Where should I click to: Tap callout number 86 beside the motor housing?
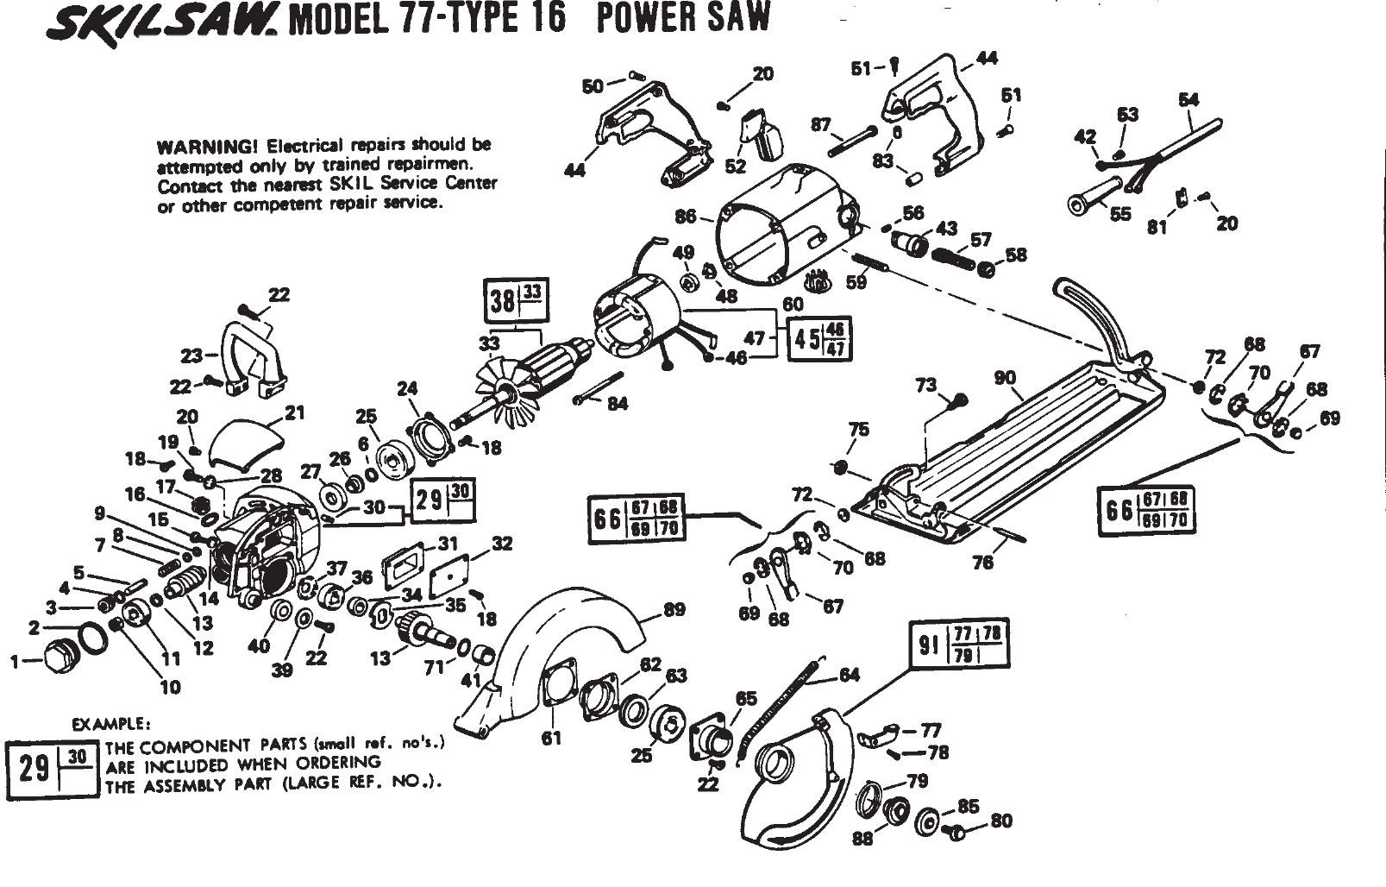click(x=686, y=217)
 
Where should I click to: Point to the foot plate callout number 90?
click(x=1006, y=378)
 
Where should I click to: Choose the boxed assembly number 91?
click(x=928, y=645)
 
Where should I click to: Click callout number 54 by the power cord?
click(x=1188, y=99)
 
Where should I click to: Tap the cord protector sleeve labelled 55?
click(x=1094, y=196)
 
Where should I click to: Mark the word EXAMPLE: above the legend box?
click(x=110, y=724)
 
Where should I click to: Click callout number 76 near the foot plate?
click(x=982, y=562)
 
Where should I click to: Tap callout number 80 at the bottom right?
click(x=1001, y=821)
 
